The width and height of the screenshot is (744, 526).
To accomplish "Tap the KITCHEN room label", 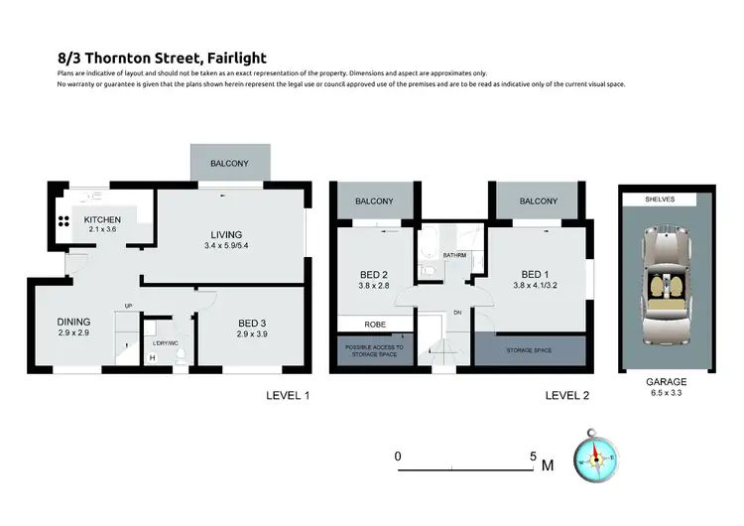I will pyautogui.click(x=101, y=219).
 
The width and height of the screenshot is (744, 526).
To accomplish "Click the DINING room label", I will pyautogui.click(x=73, y=322).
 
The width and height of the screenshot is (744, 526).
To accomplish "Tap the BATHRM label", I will pyautogui.click(x=455, y=254).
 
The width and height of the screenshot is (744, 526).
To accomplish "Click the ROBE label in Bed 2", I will pyautogui.click(x=374, y=324).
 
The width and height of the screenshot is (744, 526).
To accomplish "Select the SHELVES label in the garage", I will pyautogui.click(x=660, y=199).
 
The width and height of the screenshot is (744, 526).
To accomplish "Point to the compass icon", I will pyautogui.click(x=595, y=458).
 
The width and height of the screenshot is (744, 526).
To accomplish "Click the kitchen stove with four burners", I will pyautogui.click(x=62, y=222).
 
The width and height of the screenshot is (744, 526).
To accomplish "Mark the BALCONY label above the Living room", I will pyautogui.click(x=229, y=163).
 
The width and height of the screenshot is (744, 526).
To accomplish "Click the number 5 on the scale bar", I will pyautogui.click(x=533, y=457).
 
